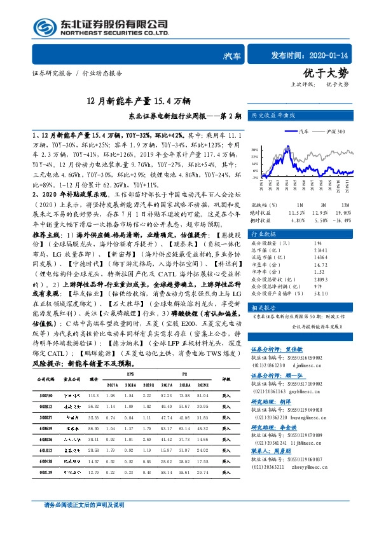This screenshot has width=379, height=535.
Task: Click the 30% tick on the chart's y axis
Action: (x=255, y=142)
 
